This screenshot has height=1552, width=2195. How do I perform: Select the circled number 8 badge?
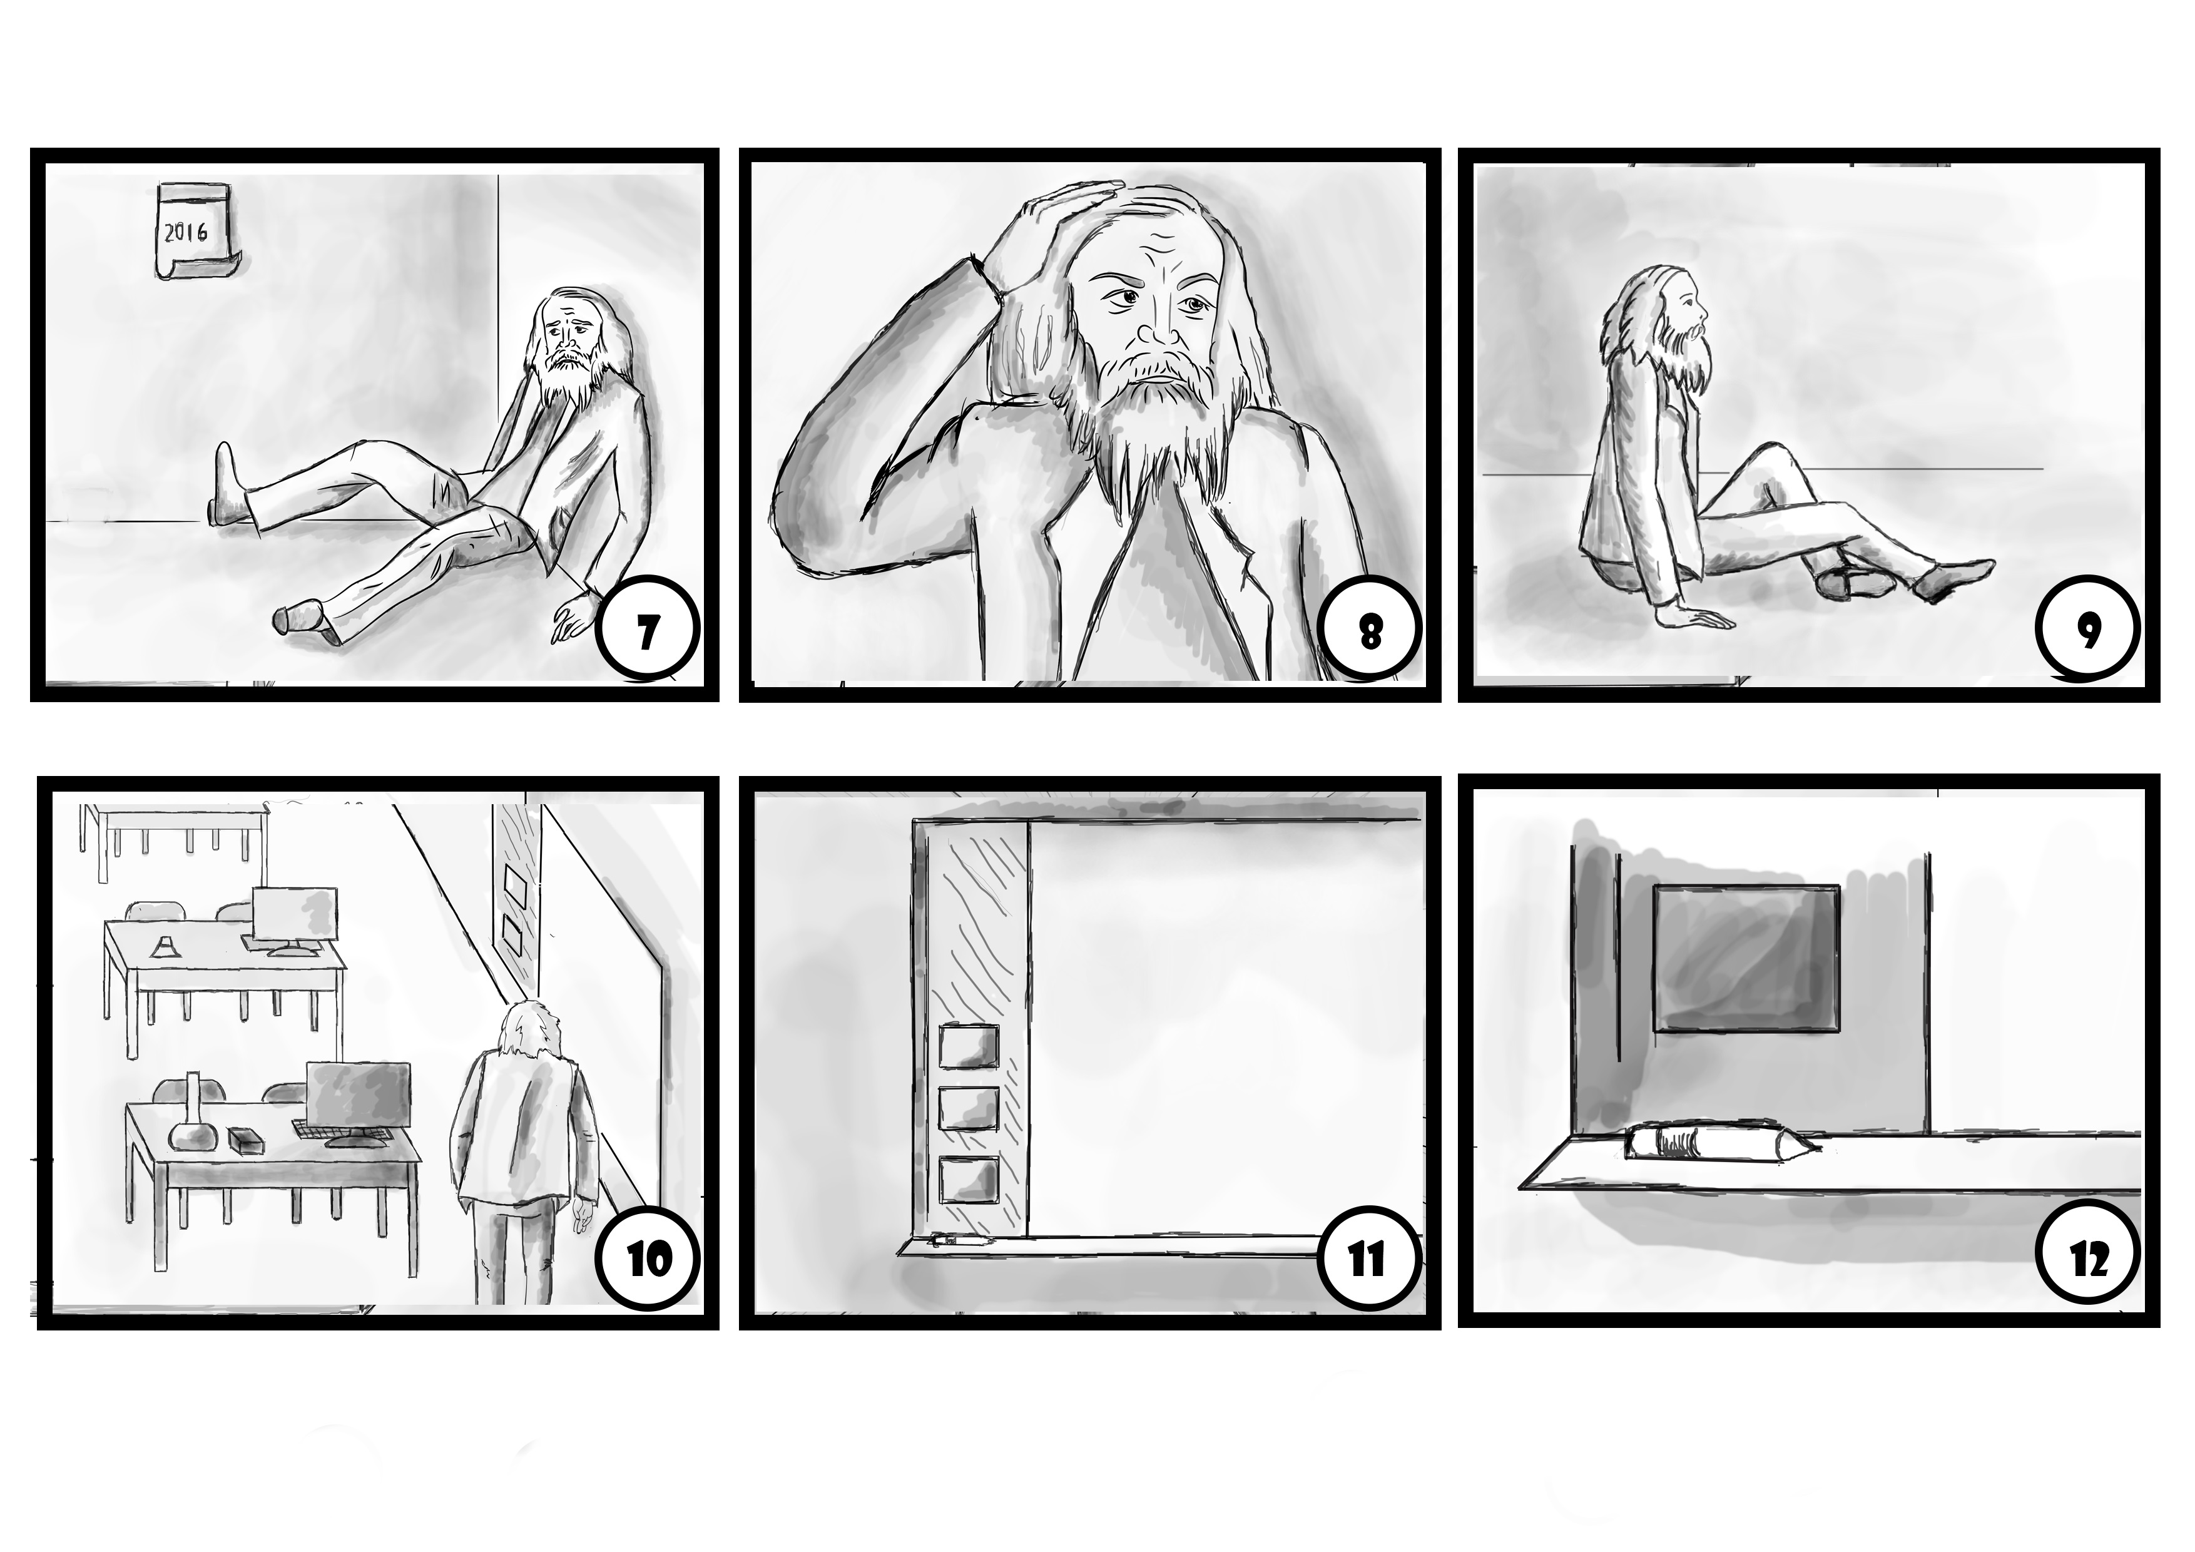[1369, 634]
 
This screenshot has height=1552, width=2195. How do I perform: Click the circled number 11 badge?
[1368, 1260]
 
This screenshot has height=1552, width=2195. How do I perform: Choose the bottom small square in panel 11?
[969, 1179]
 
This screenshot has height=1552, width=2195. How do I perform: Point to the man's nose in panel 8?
[1159, 320]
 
